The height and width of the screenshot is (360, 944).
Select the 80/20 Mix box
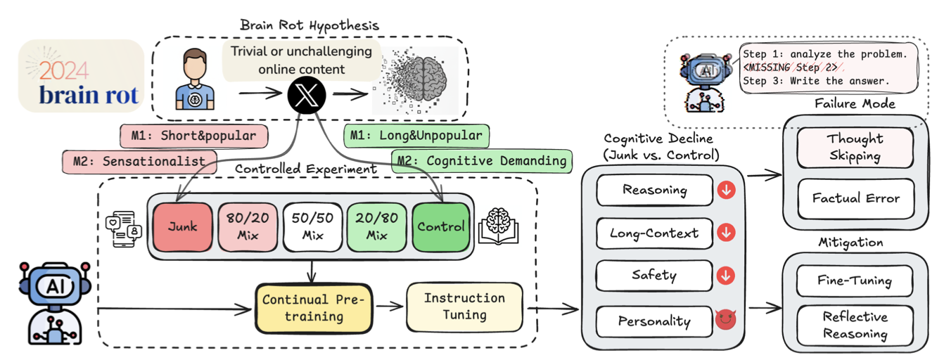click(248, 227)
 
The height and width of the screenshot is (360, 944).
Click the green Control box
click(440, 227)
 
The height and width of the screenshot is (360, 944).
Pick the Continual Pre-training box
click(314, 308)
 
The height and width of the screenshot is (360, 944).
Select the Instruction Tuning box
click(464, 307)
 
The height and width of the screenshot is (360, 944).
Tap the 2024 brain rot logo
click(81, 76)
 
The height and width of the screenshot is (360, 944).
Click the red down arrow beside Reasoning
click(725, 190)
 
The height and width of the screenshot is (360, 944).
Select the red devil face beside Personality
click(725, 321)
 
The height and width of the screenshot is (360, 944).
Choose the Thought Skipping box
click(855, 148)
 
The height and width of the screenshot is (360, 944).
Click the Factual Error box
click(855, 198)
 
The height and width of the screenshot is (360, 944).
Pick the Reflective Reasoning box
click(855, 326)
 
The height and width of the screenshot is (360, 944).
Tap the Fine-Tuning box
click(855, 281)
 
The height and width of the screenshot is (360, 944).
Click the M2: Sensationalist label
click(138, 161)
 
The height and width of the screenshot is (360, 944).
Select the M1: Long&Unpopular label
click(416, 135)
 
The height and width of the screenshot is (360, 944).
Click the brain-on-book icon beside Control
click(498, 226)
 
